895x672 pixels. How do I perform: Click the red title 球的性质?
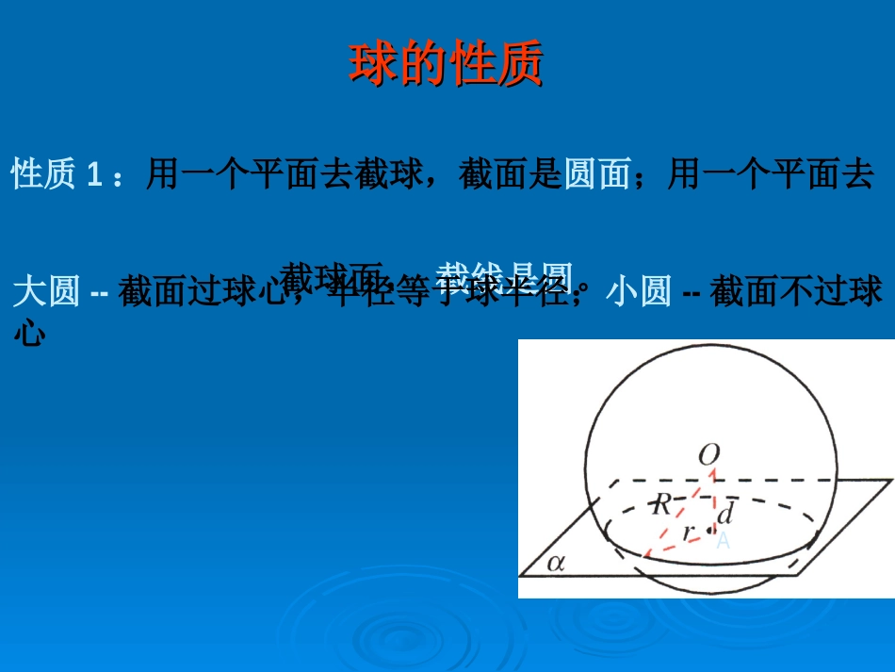447,65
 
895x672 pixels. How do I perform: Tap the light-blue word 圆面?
596,174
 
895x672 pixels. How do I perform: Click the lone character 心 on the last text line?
30,331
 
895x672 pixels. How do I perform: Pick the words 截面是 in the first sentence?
510,174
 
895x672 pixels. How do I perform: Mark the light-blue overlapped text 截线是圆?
505,275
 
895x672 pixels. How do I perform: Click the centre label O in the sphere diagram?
708,456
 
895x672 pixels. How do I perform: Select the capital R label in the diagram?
663,504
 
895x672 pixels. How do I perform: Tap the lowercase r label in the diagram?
689,532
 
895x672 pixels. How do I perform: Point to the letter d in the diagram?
724,515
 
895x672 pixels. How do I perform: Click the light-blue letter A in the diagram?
723,541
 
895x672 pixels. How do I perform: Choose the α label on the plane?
556,563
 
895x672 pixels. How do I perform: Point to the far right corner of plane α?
891,481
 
